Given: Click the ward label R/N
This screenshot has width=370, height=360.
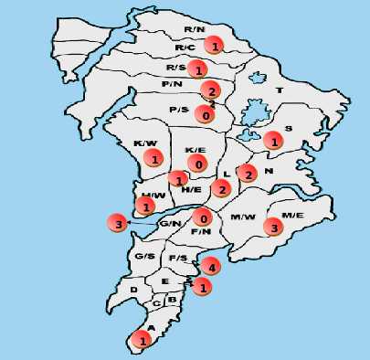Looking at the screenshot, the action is pos(194,29).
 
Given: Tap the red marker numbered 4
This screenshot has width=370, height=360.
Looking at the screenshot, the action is pos(211,267).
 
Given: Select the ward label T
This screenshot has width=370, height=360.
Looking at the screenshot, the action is pos(280,90).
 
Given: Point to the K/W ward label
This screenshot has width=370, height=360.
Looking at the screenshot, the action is pos(143,143).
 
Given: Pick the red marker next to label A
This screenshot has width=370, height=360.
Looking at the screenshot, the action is pos(143,339).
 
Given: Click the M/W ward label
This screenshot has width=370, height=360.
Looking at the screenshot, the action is pos(242,217).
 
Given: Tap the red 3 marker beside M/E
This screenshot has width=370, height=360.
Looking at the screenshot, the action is pos(272,227).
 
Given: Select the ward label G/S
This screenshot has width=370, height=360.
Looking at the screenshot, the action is pos(144,256).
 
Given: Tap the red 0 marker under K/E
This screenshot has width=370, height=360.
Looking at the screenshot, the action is pos(198,164).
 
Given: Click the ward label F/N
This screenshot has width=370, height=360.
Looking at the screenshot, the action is pos(200,232).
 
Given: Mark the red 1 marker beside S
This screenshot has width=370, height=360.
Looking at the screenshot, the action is pos(272,141).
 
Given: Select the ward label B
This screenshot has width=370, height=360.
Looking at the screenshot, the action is pos(172,299).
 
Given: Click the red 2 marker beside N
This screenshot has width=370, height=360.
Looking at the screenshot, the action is pos(246,172).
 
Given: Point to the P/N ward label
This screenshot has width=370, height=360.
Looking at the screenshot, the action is pos(172,85).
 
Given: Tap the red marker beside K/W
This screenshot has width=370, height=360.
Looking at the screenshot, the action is pos(155,159).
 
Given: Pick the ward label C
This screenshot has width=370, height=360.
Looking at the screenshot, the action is pos(156,302).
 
